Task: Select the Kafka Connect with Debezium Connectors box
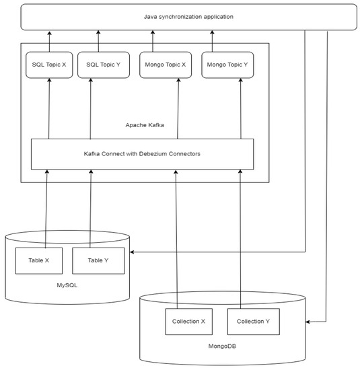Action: pos(143,154)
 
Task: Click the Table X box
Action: pos(39,260)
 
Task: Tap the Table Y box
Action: pos(98,260)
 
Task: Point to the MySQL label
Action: pos(67,285)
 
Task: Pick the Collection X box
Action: pos(189,321)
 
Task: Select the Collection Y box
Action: pos(252,321)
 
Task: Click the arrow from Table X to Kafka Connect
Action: pos(46,209)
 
